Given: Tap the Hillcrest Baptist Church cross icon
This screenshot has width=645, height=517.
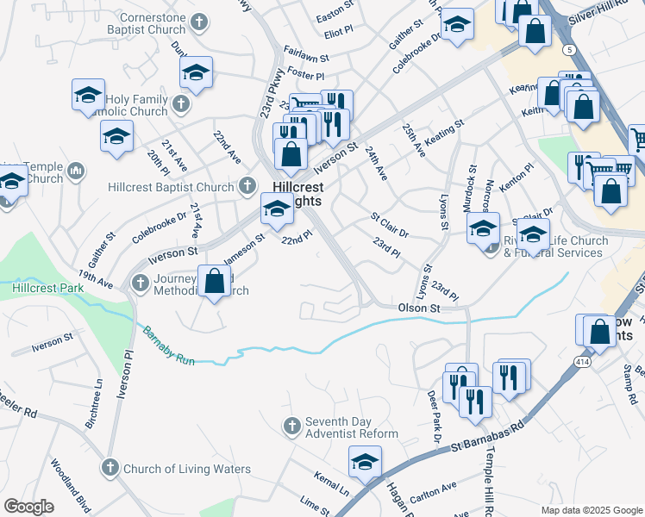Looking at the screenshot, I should [x=247, y=186].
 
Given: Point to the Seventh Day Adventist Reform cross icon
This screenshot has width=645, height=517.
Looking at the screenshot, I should [x=292, y=426].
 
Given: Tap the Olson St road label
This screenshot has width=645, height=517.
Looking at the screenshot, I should [x=419, y=308].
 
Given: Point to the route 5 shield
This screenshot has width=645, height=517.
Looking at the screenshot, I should [x=569, y=51].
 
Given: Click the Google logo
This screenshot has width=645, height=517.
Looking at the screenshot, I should [x=28, y=507].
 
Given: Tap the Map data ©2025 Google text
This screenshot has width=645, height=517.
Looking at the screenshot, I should [x=591, y=510].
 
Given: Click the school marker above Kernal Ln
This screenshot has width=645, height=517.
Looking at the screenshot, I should [x=366, y=464].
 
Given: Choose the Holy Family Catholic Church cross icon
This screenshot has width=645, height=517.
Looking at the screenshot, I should [x=181, y=105].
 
